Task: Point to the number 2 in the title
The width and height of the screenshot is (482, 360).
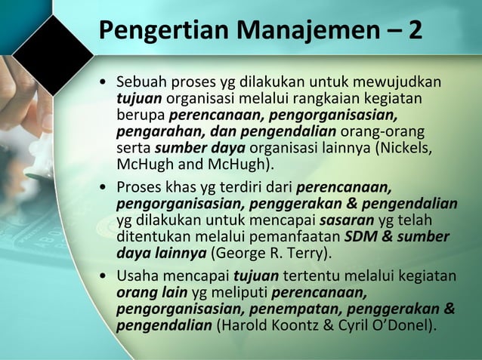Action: (415, 32)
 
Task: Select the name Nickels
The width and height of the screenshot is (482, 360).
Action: (408, 148)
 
